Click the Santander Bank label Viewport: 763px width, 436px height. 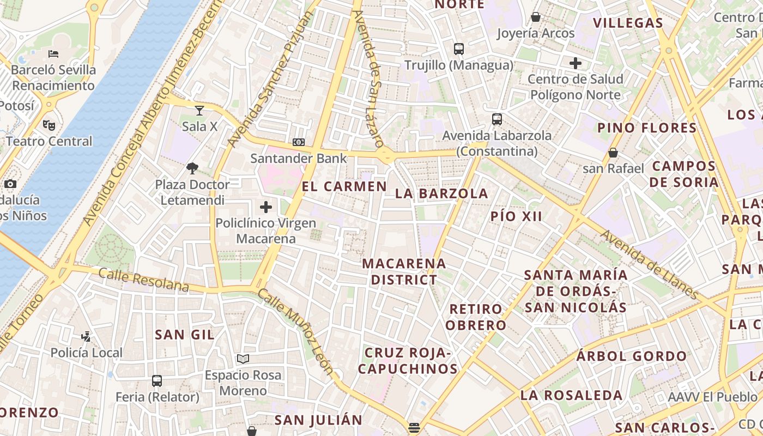(x=298, y=159)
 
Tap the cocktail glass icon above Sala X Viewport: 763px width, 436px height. (x=199, y=111)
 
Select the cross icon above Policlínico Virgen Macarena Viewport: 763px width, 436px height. (x=266, y=207)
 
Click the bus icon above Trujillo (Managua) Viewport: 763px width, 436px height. (x=459, y=49)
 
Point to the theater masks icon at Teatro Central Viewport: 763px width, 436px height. (x=49, y=125)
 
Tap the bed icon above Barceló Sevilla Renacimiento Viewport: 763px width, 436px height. (x=53, y=53)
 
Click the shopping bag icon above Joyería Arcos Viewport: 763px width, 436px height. (x=536, y=17)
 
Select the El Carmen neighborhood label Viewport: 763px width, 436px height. (x=344, y=186)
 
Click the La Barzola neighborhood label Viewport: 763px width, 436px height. (x=441, y=193)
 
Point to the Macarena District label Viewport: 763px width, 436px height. (x=403, y=271)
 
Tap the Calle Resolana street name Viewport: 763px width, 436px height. (x=144, y=280)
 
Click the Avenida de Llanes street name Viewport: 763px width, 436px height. (x=650, y=265)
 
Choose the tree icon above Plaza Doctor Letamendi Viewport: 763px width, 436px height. (x=192, y=168)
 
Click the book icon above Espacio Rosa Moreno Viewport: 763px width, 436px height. (x=243, y=359)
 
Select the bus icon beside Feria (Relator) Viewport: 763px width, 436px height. (x=157, y=380)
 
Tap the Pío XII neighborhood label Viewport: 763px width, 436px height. (x=516, y=216)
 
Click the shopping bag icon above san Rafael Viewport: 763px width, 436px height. (x=613, y=153)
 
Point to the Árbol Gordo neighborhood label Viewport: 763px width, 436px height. (x=632, y=356)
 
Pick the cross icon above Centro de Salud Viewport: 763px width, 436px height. (x=576, y=63)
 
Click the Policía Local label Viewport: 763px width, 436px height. (x=87, y=353)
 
